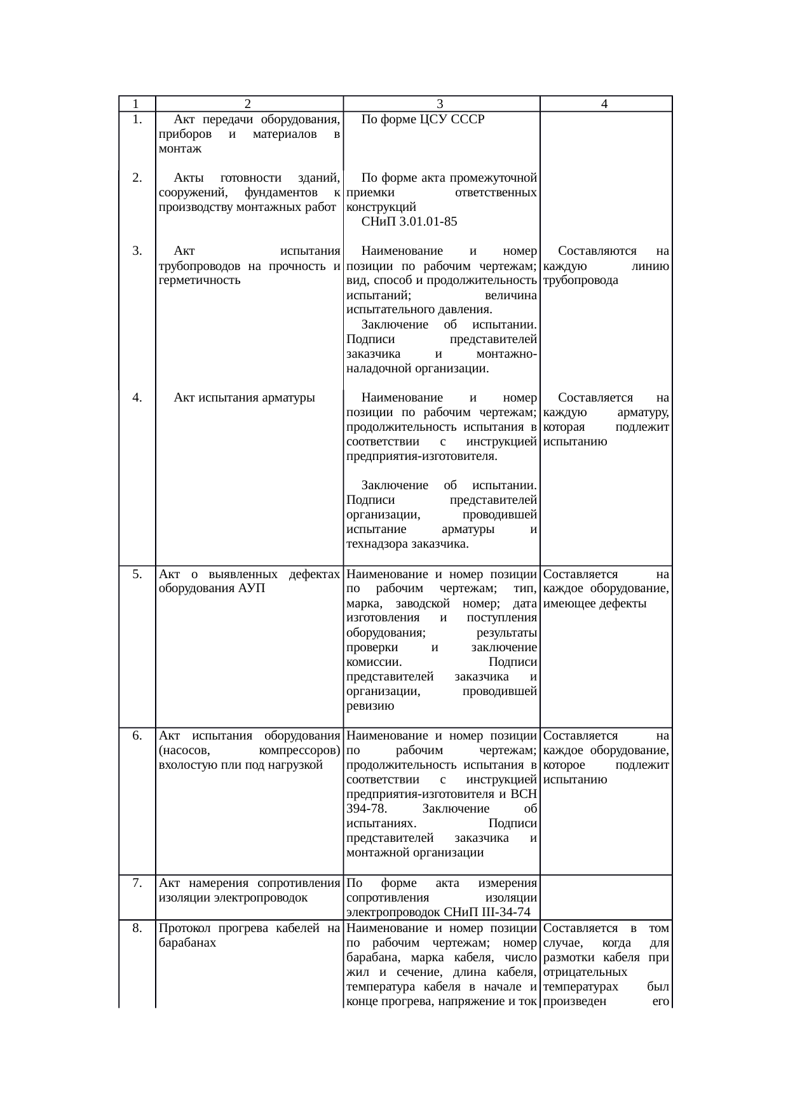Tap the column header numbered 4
(x=605, y=104)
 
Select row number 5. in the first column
(x=137, y=574)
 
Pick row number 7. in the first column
(x=137, y=883)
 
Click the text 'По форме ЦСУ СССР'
(x=422, y=119)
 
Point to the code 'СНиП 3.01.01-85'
(x=409, y=222)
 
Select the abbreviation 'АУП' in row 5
(x=253, y=588)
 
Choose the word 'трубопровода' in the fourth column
(x=581, y=280)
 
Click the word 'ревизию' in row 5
(x=370, y=706)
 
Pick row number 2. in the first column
(x=137, y=177)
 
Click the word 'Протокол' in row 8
(x=185, y=928)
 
